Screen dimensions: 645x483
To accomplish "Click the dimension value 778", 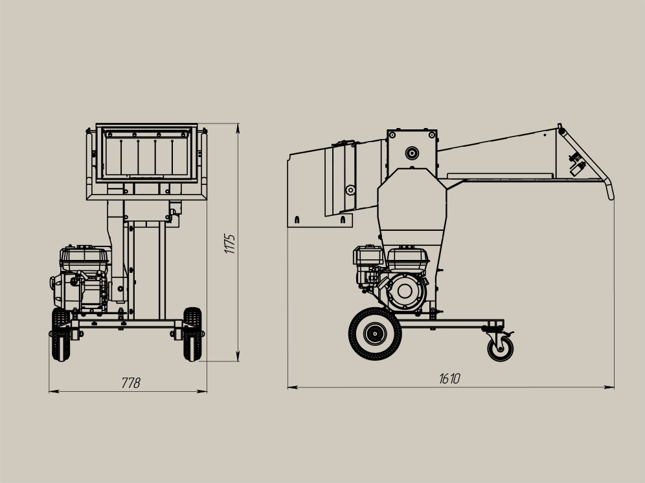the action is (x=131, y=383).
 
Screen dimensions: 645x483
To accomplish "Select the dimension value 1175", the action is (x=229, y=244).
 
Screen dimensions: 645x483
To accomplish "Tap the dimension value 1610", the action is (x=449, y=378).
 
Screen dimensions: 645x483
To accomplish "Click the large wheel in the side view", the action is (x=375, y=334).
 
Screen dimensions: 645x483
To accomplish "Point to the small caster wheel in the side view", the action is (x=500, y=349).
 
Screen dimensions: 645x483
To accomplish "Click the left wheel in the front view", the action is (x=61, y=334).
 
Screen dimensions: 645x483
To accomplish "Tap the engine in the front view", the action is (x=80, y=279).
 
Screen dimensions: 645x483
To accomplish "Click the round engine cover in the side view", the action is (x=405, y=291).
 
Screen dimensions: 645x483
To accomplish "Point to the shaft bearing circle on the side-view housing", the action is (x=412, y=153).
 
